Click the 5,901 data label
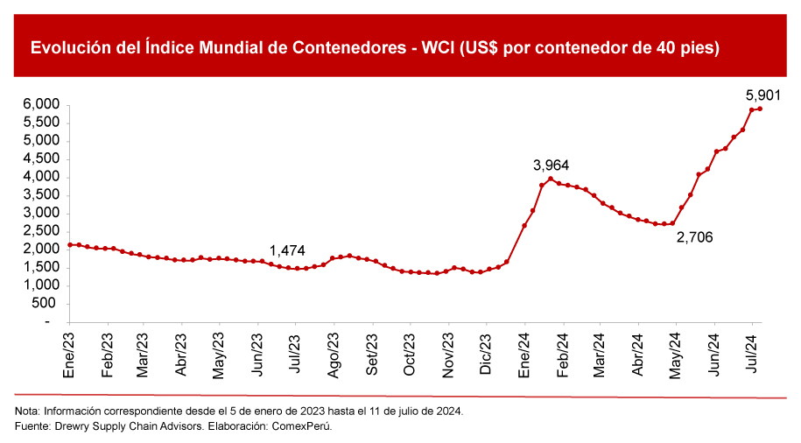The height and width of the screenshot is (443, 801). coord(762,94)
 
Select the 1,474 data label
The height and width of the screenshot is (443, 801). coord(287,250)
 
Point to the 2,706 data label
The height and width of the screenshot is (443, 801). coord(695,236)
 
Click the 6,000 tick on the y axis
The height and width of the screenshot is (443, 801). coord(41,104)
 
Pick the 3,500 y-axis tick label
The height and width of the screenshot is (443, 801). coord(41,195)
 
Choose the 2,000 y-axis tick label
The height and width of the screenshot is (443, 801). coord(41,250)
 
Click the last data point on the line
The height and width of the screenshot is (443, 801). coord(760,109)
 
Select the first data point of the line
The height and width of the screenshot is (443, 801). coord(70,245)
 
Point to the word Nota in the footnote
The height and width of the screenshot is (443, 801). coord(27,411)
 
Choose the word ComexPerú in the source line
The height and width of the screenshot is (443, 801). coord(303,426)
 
